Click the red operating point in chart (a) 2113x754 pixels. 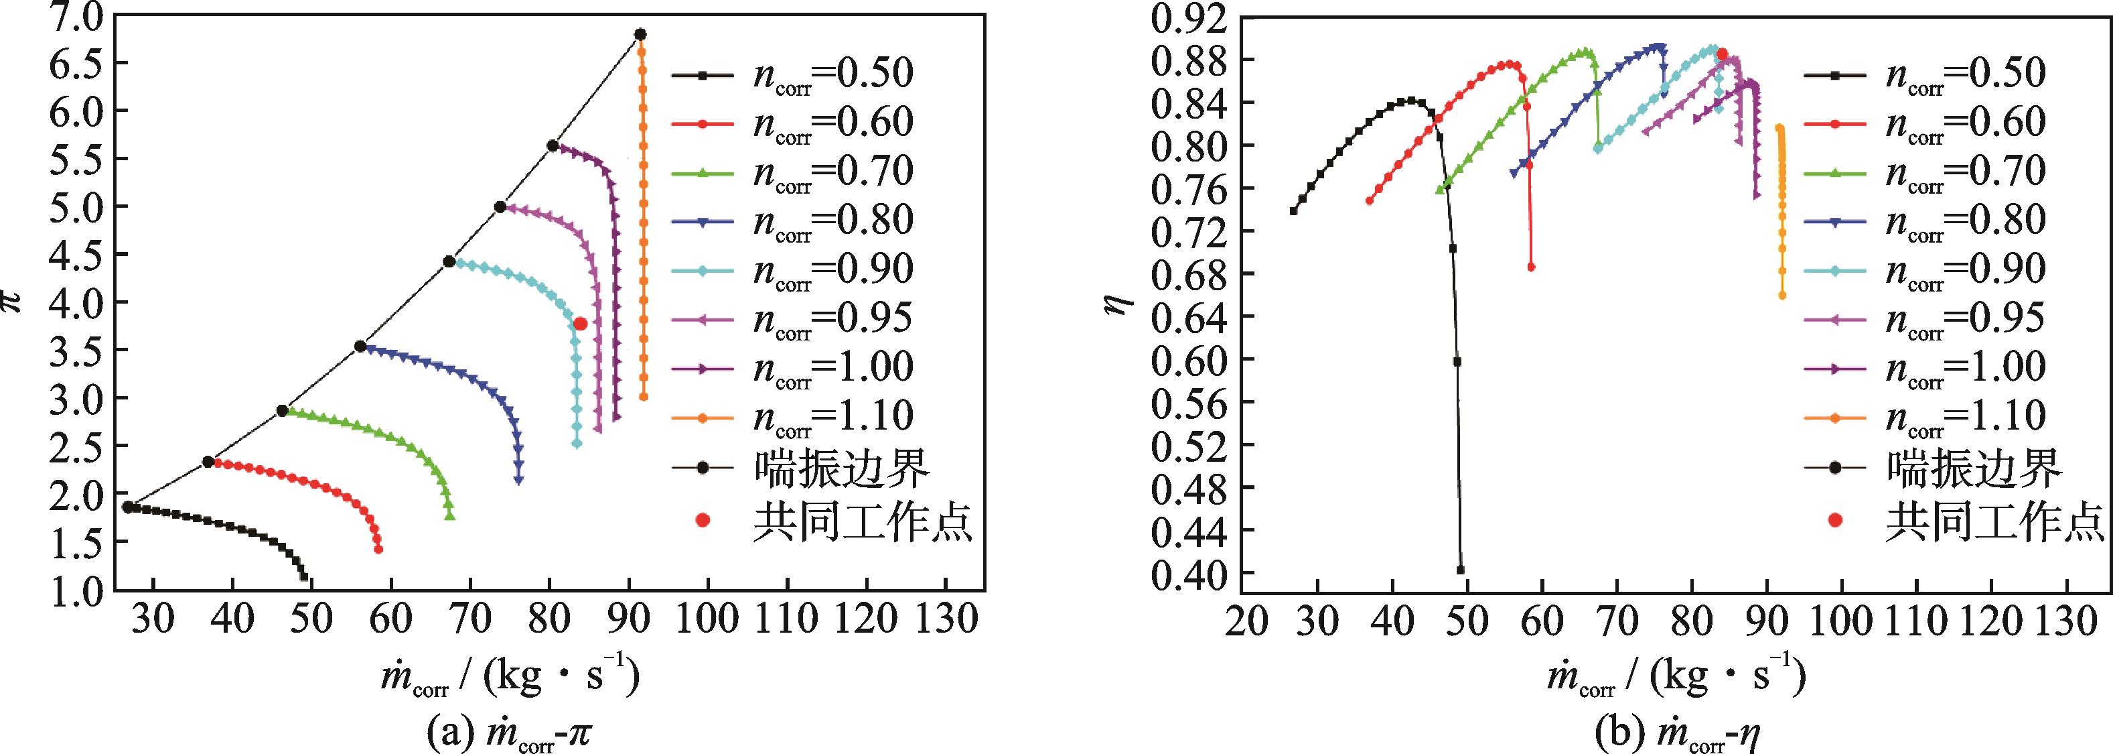tap(580, 323)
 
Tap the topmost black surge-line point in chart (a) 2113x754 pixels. tap(641, 34)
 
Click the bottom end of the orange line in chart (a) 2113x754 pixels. tap(644, 397)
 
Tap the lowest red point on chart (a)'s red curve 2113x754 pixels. tap(378, 549)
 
